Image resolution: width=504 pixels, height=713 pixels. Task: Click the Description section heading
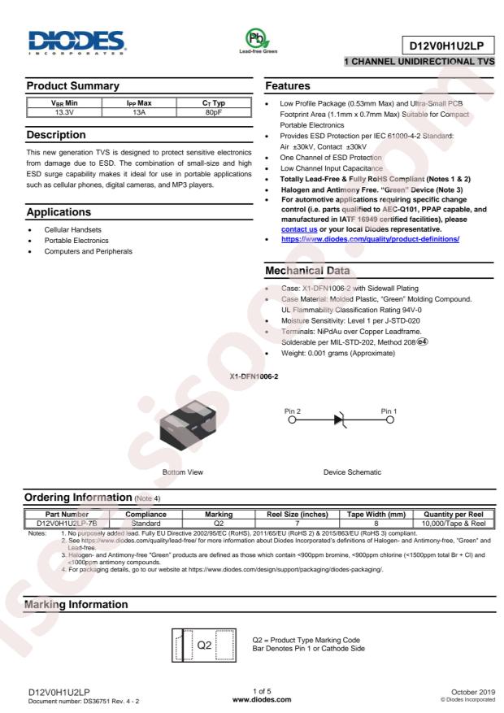[x=54, y=132]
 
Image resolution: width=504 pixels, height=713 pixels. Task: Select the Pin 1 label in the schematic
[x=385, y=411]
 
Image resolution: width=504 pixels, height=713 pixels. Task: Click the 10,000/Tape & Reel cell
[x=454, y=523]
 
